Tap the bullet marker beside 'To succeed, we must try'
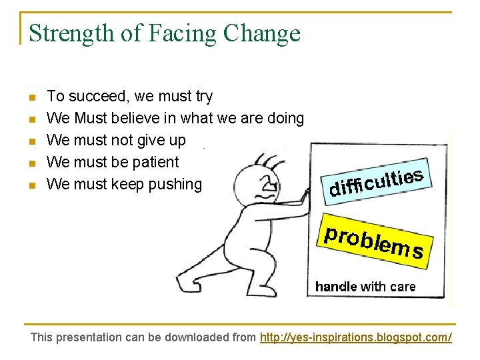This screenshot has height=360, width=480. click(x=31, y=98)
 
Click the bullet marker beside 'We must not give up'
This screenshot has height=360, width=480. click(x=31, y=141)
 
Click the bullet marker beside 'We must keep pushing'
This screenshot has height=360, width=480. click(x=31, y=185)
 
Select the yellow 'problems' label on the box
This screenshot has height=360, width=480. click(x=373, y=239)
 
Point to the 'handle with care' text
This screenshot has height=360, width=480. click(x=365, y=287)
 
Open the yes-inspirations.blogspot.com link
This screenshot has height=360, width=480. click(x=355, y=337)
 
